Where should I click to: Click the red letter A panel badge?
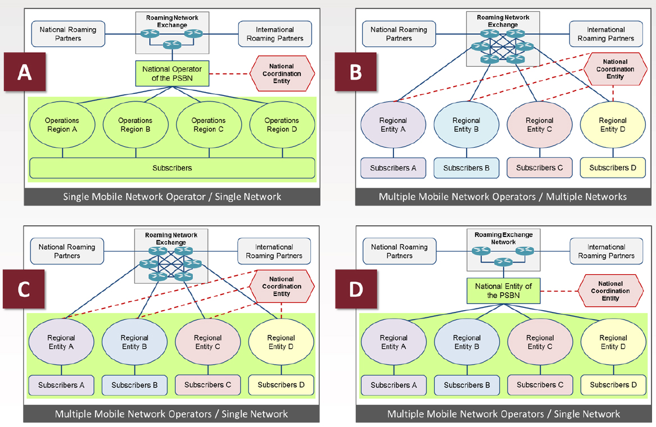click(x=25, y=72)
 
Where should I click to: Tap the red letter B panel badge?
click(x=356, y=72)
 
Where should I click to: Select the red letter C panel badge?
click(x=24, y=289)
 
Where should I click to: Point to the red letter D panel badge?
click(x=356, y=289)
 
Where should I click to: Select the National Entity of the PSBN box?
click(x=503, y=291)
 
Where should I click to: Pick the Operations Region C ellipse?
click(x=209, y=125)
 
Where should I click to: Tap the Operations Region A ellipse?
click(x=62, y=125)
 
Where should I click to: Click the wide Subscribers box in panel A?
click(x=172, y=168)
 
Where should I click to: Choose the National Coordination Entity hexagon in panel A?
click(x=282, y=74)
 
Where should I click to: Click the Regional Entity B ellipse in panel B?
click(x=466, y=125)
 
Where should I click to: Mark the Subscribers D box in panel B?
click(x=613, y=167)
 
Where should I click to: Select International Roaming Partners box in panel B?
click(x=605, y=34)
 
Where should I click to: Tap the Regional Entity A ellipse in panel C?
click(x=61, y=342)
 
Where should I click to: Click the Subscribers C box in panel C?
click(x=207, y=385)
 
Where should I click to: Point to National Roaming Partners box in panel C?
click(x=67, y=251)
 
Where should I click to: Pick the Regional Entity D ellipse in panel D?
click(x=613, y=342)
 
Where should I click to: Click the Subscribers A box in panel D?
click(x=393, y=385)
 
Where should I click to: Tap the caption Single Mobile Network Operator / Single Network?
click(x=172, y=197)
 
